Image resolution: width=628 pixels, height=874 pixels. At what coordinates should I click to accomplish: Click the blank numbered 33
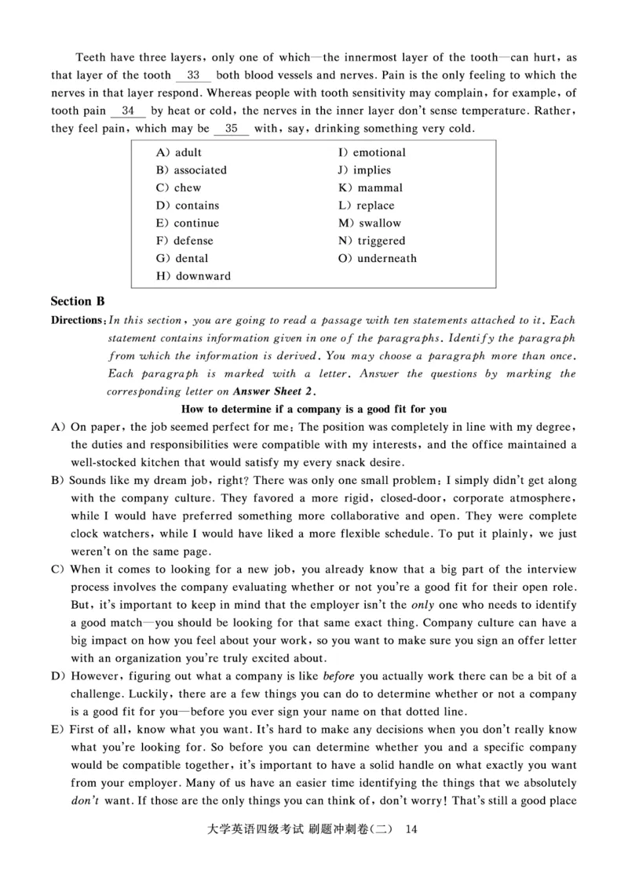(194, 75)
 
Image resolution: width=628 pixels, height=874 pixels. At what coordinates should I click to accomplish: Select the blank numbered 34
(129, 111)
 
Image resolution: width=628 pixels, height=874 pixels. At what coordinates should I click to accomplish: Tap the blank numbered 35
(232, 129)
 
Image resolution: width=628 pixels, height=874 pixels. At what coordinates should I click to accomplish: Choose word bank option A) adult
(179, 152)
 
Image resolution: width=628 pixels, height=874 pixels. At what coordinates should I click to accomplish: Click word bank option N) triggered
(371, 241)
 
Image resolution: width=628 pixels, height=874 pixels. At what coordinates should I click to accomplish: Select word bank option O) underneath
(378, 258)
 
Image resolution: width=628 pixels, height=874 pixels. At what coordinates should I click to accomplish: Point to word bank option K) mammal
(371, 188)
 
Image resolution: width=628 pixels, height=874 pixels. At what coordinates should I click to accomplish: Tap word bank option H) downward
(193, 276)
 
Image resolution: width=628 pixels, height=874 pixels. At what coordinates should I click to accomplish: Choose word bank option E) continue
(188, 223)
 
